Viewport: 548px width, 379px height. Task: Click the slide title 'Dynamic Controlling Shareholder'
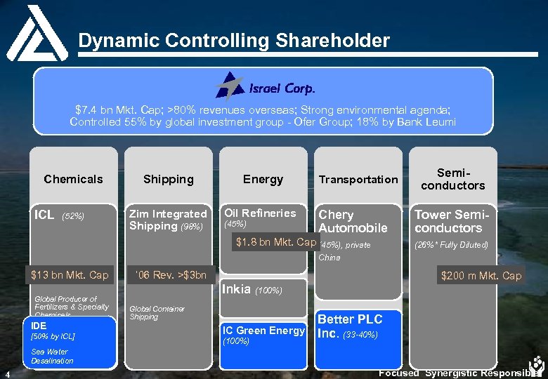(233, 41)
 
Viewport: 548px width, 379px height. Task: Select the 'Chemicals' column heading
(73, 179)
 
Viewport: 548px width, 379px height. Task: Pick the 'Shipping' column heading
(168, 179)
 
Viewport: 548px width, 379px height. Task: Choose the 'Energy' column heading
(263, 179)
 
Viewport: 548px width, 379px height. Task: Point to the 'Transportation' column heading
(358, 180)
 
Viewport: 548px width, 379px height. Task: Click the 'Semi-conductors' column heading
(452, 179)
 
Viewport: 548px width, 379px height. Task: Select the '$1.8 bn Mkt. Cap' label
(276, 242)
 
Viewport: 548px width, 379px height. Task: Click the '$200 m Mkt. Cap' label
(481, 275)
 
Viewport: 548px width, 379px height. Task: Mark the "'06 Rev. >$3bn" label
(168, 274)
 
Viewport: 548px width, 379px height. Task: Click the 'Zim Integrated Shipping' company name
(167, 220)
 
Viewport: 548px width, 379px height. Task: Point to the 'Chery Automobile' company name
(353, 221)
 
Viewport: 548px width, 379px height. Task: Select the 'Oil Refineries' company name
(259, 213)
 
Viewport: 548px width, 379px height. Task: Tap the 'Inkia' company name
(236, 288)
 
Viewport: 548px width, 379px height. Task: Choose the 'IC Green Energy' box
(263, 331)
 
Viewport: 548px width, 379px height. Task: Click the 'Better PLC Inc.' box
(350, 326)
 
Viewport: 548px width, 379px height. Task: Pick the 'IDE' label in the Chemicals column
(39, 326)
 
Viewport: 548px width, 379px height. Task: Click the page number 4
(6, 373)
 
